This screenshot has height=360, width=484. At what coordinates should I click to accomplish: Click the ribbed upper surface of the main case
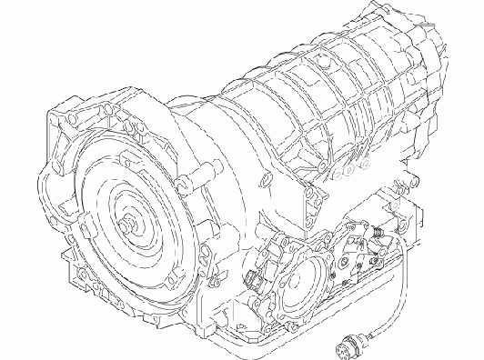pos(300,100)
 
